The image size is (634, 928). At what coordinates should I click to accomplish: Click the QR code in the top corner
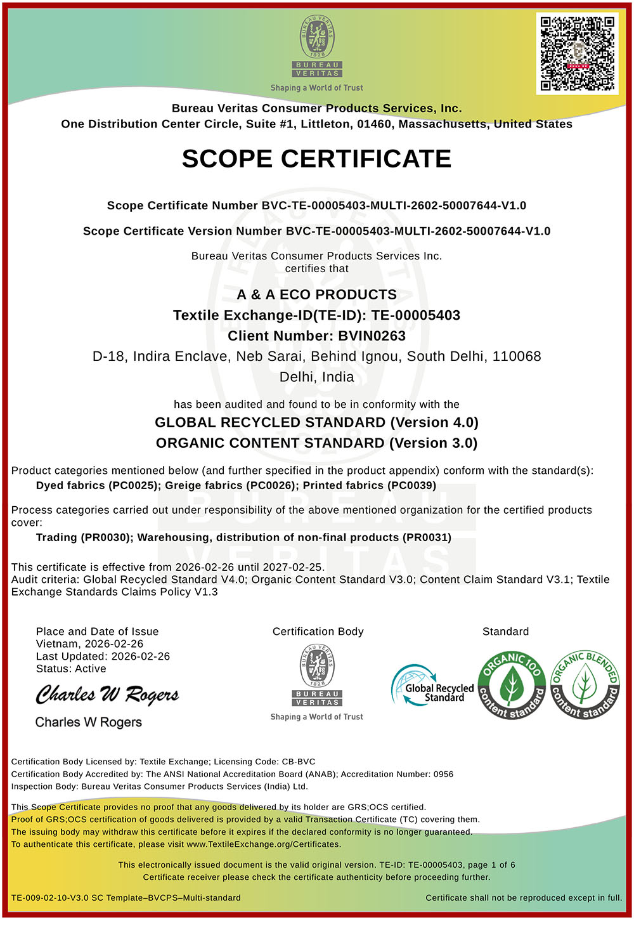[577, 53]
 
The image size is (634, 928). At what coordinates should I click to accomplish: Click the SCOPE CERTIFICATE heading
[316, 159]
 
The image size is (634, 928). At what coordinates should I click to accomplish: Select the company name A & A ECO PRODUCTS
[316, 295]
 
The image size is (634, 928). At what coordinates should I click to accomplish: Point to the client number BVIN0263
[372, 336]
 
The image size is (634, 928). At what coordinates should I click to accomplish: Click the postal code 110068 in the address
[517, 356]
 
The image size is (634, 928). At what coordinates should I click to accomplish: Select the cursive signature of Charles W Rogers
[107, 695]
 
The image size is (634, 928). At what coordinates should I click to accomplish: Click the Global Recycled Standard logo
[432, 687]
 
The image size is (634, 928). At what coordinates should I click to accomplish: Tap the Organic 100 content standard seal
[511, 685]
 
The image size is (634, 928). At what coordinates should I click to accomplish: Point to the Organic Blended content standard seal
[585, 685]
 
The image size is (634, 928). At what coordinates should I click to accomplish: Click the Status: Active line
[71, 669]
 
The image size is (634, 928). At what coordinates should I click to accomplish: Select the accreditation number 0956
[443, 774]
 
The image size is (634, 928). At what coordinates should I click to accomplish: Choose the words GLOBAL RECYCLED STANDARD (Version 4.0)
[316, 423]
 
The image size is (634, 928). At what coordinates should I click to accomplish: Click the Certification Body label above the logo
[318, 632]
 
